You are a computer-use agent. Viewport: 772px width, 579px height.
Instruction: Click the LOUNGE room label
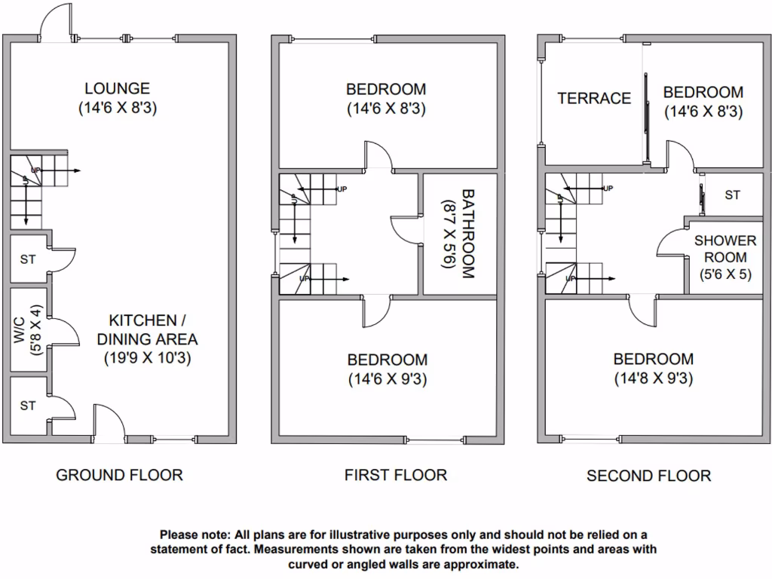click(x=117, y=89)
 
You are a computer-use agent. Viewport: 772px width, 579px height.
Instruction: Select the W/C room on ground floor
click(x=28, y=329)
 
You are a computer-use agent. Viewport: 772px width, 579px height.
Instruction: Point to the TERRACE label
click(x=594, y=98)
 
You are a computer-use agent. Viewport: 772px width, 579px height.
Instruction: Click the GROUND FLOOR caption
click(x=119, y=475)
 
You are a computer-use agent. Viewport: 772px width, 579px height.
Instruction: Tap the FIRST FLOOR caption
click(x=395, y=475)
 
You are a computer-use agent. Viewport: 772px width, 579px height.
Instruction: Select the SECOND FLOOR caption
click(x=648, y=476)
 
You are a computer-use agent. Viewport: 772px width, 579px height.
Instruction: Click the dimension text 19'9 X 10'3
click(x=147, y=358)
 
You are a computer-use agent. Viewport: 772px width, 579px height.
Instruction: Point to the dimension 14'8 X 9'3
click(x=653, y=378)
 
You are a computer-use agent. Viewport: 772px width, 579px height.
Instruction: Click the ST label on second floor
click(x=732, y=195)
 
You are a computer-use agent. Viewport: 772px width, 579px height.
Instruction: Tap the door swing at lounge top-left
click(x=57, y=21)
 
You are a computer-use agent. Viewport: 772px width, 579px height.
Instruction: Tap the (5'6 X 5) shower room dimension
click(x=725, y=274)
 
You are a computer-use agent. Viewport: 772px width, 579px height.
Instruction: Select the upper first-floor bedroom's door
click(x=379, y=154)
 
